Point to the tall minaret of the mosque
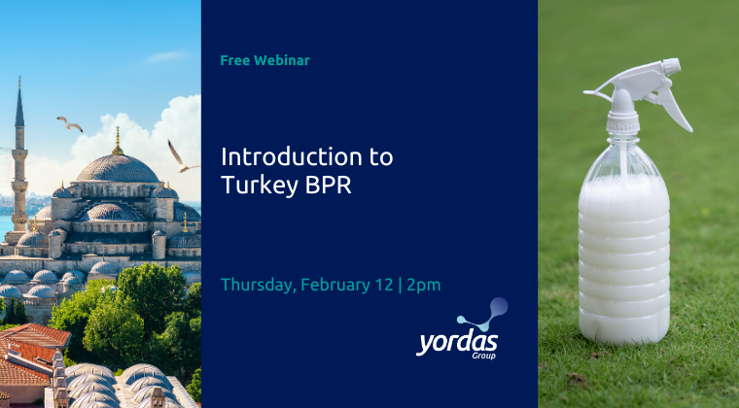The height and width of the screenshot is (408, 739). [x=19, y=146]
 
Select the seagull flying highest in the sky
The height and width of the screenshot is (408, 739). [x=69, y=123]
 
